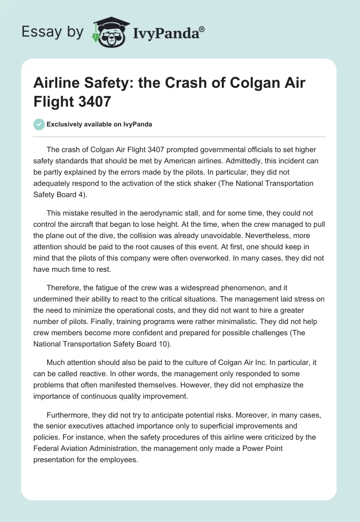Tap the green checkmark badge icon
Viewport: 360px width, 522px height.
point(39,124)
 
